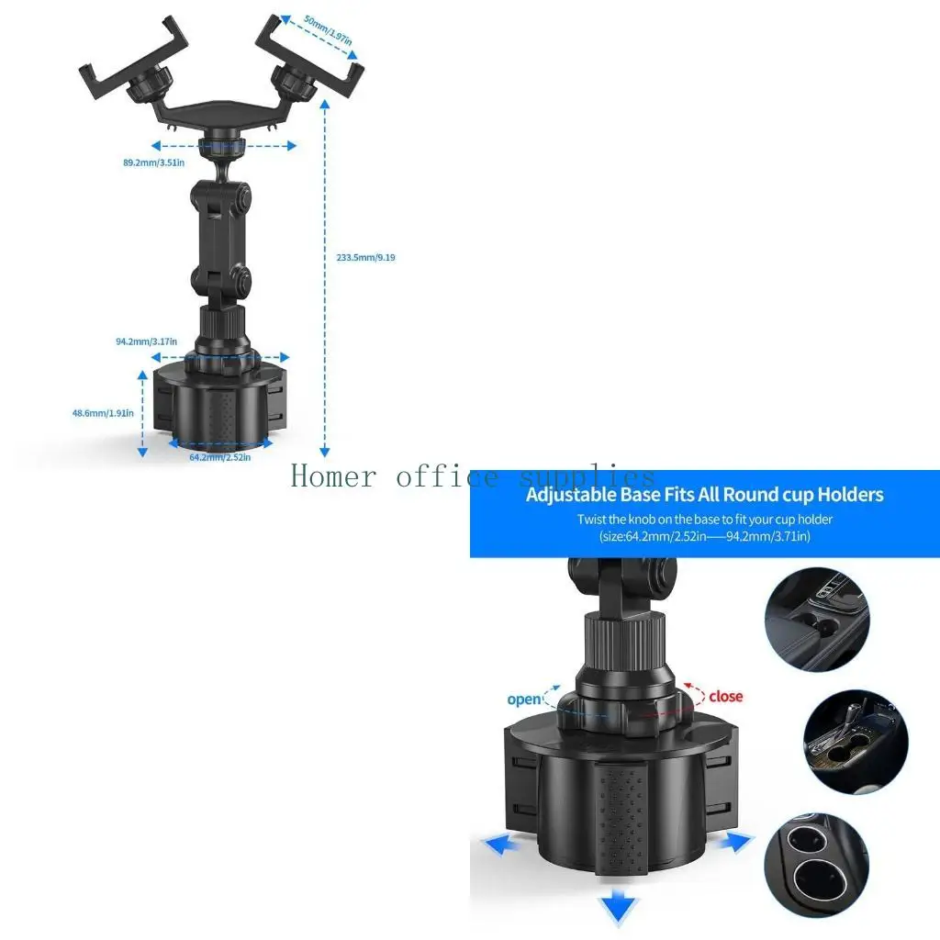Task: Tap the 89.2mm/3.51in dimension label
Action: click(154, 162)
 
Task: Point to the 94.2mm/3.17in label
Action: click(146, 341)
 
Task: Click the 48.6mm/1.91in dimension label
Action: click(103, 413)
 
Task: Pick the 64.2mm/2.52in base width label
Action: click(219, 456)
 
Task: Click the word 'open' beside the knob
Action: click(524, 699)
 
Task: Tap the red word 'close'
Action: click(725, 697)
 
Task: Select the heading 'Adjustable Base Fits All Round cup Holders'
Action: click(704, 495)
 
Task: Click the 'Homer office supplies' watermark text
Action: click(473, 476)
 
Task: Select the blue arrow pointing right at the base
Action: click(735, 842)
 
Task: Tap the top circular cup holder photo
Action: click(816, 620)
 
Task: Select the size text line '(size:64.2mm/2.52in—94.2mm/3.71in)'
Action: click(704, 536)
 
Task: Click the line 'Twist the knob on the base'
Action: click(704, 519)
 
